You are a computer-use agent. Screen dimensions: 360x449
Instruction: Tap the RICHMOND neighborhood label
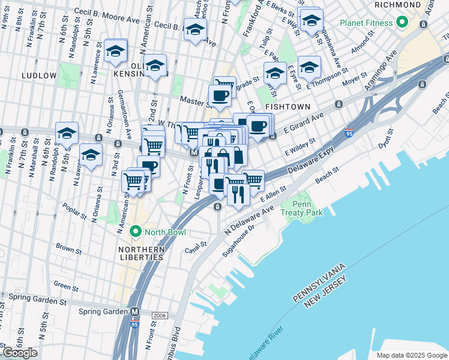click(397, 5)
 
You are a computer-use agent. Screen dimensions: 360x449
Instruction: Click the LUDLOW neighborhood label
click(38, 76)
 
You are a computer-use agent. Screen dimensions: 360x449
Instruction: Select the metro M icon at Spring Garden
click(135, 312)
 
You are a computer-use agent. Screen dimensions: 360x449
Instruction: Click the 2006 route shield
click(160, 315)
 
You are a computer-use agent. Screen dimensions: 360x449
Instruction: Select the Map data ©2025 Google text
click(411, 355)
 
